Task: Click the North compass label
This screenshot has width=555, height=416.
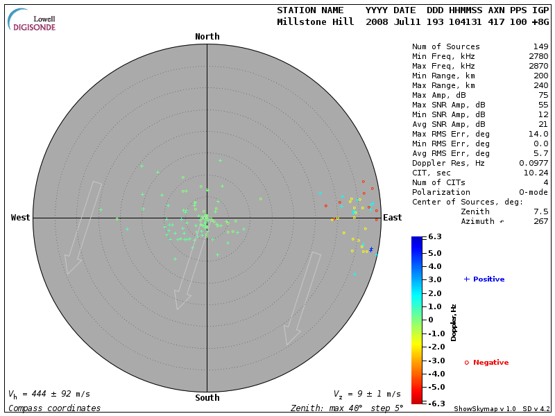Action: (x=207, y=37)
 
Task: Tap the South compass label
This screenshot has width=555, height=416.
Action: (x=207, y=398)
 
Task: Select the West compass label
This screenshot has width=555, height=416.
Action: (x=20, y=218)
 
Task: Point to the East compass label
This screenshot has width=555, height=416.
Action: (x=393, y=218)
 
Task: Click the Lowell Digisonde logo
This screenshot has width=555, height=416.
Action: (x=33, y=21)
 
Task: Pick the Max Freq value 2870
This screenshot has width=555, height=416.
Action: (x=538, y=66)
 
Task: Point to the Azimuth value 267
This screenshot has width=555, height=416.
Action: (x=540, y=221)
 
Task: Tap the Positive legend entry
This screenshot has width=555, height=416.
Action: (x=484, y=279)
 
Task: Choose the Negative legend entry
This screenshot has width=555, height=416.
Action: (x=486, y=362)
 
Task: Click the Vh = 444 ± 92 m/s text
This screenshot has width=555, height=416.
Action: (x=49, y=394)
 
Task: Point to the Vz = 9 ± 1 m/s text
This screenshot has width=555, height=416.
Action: (x=367, y=394)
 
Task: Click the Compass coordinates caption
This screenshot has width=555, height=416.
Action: (x=54, y=408)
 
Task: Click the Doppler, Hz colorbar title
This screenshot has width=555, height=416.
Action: (x=454, y=322)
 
